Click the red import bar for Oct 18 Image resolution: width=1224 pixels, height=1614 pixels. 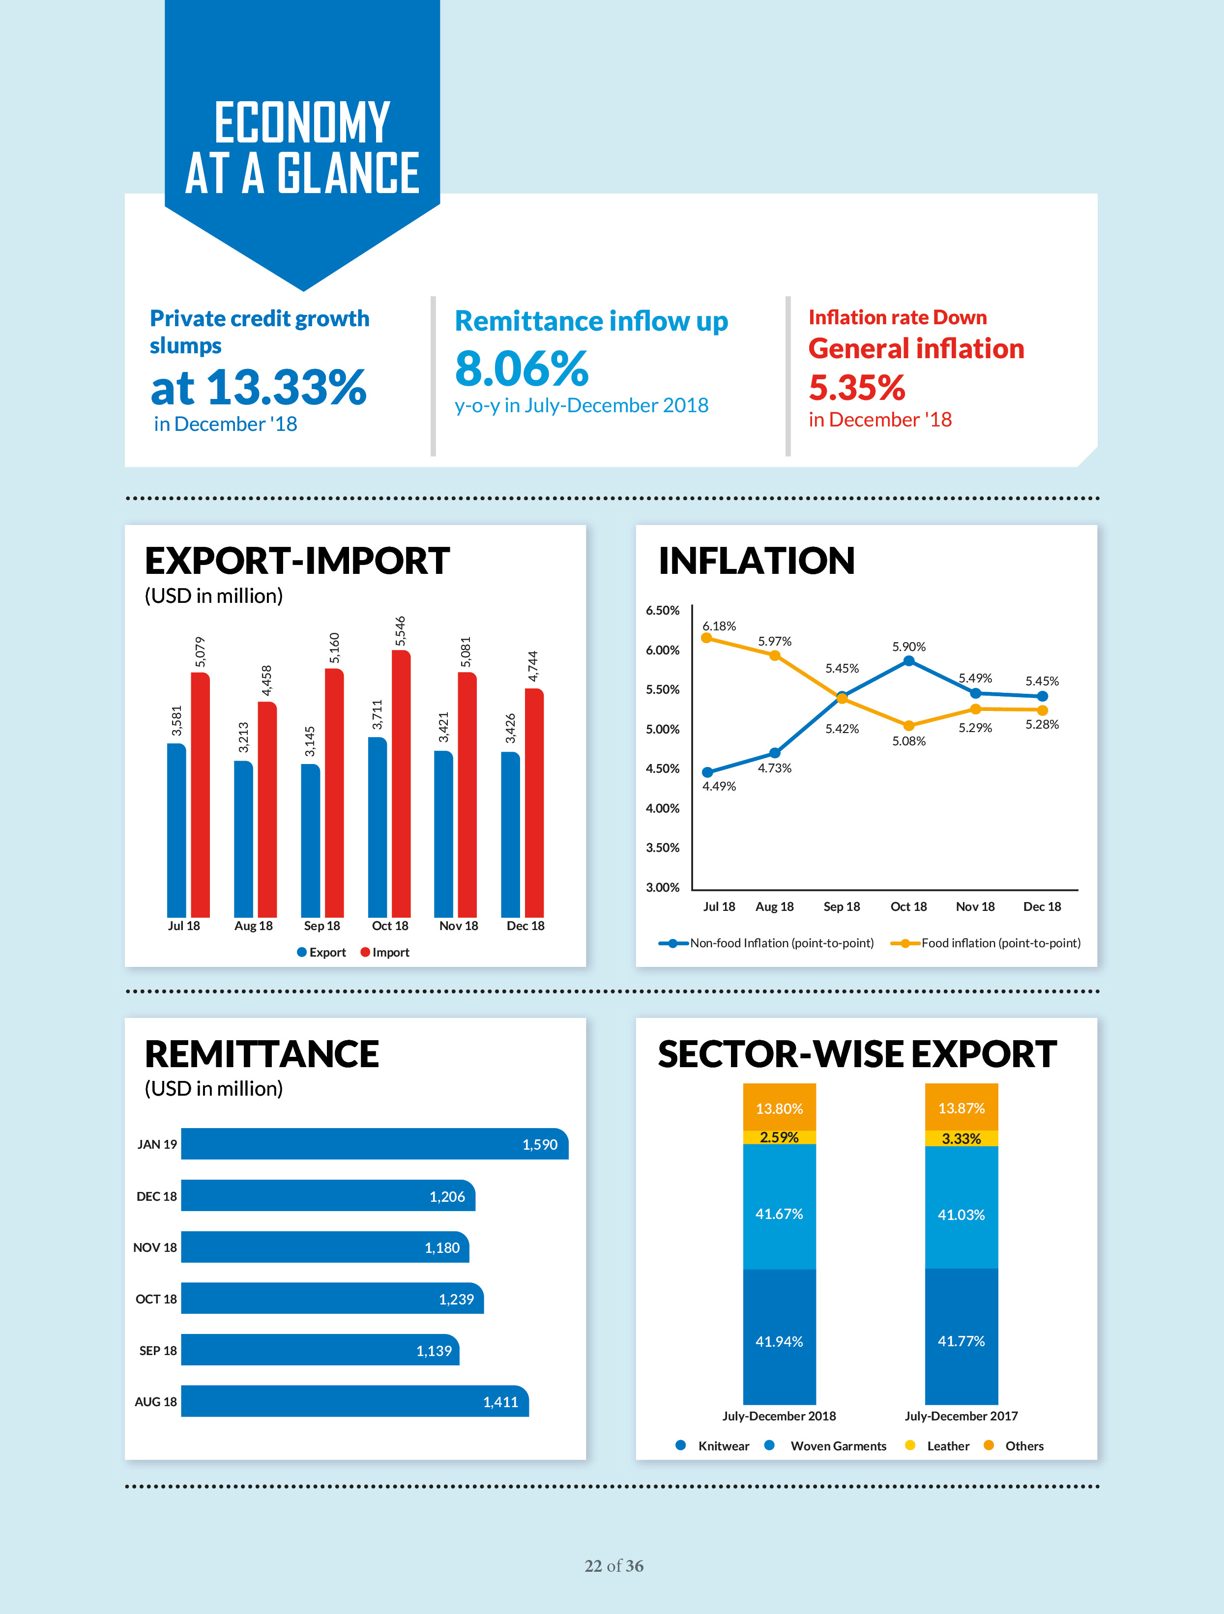pyautogui.click(x=401, y=784)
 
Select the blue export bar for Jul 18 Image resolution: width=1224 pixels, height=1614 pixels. pyautogui.click(x=176, y=830)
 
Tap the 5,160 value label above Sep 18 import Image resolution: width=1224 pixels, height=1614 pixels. pyautogui.click(x=334, y=648)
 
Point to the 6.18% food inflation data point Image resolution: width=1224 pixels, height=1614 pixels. pyautogui.click(x=706, y=638)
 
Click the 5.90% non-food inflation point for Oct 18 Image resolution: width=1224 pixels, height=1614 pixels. pyautogui.click(x=909, y=661)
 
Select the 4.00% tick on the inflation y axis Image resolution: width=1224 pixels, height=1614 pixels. pyautogui.click(x=662, y=808)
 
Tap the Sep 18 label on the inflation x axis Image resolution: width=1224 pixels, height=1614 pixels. pyautogui.click(x=842, y=906)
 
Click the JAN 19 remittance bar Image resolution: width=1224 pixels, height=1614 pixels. pyautogui.click(x=374, y=1144)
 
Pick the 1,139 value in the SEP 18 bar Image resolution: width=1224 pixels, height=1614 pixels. pyautogui.click(x=434, y=1351)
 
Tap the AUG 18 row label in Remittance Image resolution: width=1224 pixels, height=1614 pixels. pyautogui.click(x=155, y=1402)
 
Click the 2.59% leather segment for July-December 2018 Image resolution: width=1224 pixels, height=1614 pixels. pyautogui.click(x=779, y=1137)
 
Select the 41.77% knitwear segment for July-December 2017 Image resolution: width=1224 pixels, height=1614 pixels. pyautogui.click(x=961, y=1341)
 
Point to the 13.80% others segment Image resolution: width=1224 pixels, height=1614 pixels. pyautogui.click(x=779, y=1108)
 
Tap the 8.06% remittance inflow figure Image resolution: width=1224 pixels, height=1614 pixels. pyautogui.click(x=521, y=368)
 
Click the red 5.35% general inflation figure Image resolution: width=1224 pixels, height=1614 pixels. pyautogui.click(x=857, y=388)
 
